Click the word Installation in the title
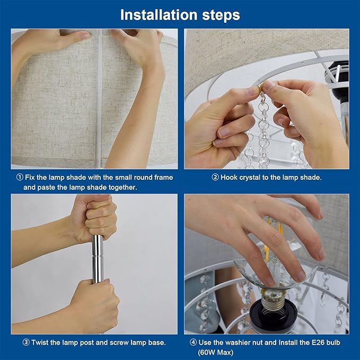(159, 15)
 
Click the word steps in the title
(221, 15)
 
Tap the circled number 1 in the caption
(20, 177)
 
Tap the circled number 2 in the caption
(215, 177)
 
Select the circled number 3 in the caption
(26, 343)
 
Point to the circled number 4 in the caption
(193, 343)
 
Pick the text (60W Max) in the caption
(216, 353)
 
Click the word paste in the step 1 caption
(46, 188)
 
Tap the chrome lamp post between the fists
(98, 258)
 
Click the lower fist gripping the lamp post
(94, 305)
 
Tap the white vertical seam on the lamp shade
(100, 99)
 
